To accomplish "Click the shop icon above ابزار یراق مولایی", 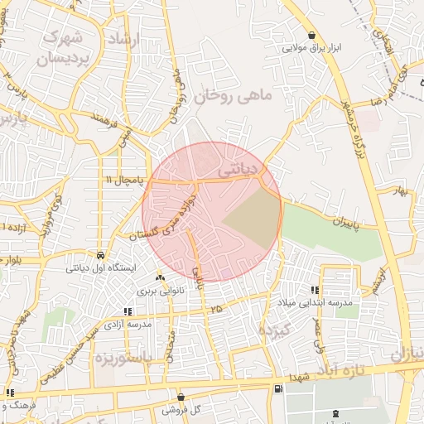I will click(x=311, y=36).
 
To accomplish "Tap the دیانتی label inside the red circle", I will click(x=237, y=169).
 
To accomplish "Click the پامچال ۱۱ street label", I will click(x=124, y=179).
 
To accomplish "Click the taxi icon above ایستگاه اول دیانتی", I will click(x=100, y=255).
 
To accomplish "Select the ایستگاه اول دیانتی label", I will click(x=99, y=267).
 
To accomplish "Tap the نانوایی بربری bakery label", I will click(x=161, y=291).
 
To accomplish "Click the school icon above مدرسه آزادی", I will click(x=127, y=312).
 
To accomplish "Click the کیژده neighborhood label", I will click(x=272, y=330).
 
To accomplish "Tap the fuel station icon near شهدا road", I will click(x=277, y=388).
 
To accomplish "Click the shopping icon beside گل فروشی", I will click(x=181, y=397).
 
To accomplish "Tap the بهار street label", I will click(x=403, y=192).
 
